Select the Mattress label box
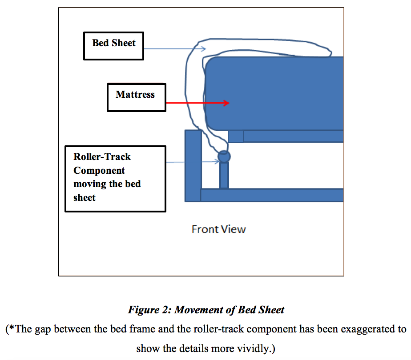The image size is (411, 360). coord(136,97)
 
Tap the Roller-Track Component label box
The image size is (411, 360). coord(115,179)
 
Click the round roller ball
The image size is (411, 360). coord(224,156)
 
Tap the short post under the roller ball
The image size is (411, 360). coord(224,175)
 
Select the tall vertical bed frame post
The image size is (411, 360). coord(193,164)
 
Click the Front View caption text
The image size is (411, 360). coord(218,229)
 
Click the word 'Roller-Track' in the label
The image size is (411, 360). coord(102,157)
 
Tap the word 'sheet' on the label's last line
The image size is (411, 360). coord(85,197)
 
